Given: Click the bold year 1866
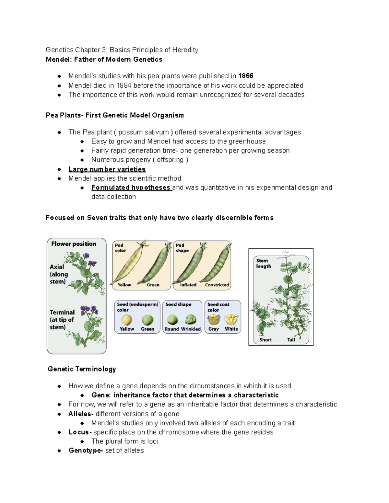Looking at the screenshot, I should [x=246, y=76].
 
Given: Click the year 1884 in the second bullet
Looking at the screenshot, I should [x=124, y=86].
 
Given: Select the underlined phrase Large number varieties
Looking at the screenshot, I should [x=107, y=169].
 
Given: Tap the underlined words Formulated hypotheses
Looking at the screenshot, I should [x=131, y=188].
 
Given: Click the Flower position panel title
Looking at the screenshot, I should [x=74, y=244].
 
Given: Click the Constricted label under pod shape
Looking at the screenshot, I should [x=217, y=285].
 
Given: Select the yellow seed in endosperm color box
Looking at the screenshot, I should [x=126, y=320].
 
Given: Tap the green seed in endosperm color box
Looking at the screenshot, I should [x=147, y=320].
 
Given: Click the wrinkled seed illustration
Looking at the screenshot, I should [x=191, y=320].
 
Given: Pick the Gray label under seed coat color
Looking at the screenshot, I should [x=213, y=329].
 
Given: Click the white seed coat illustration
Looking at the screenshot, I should [x=231, y=319].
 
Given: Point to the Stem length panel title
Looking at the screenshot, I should [x=263, y=263].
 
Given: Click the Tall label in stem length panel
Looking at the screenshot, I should [x=291, y=340].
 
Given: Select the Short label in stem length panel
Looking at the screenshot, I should [x=265, y=340].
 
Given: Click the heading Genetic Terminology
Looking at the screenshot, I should [x=82, y=369].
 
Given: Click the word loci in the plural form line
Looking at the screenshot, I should [x=152, y=441].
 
